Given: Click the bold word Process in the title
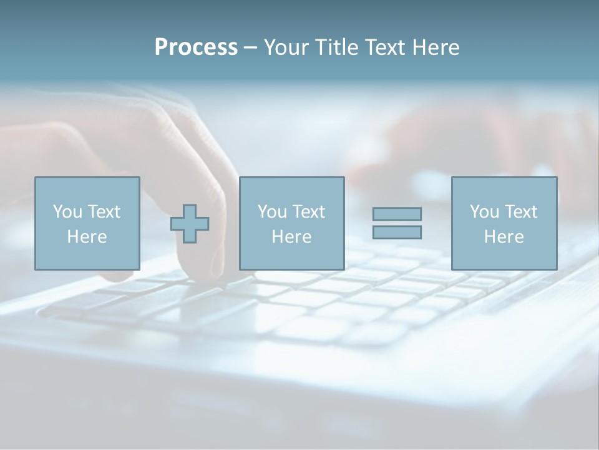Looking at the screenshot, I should (196, 47).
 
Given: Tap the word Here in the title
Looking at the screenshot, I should (434, 47).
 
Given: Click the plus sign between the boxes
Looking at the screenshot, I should (190, 223).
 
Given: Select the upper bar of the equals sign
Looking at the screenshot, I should (397, 214).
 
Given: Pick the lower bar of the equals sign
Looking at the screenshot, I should (397, 232).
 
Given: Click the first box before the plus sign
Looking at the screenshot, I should (87, 223).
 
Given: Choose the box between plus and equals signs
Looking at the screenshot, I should (291, 223).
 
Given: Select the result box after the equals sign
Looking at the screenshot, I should (504, 223).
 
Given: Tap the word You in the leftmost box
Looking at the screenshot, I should (67, 212).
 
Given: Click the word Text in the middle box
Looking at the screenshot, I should (308, 212).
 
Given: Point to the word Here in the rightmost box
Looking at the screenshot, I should (504, 237).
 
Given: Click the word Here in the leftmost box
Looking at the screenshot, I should (87, 237).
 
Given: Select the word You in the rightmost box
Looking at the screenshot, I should (484, 212).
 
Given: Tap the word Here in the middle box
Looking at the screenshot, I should (291, 237).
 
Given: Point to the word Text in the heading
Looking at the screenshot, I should (383, 47).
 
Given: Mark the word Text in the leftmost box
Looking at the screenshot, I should (103, 212).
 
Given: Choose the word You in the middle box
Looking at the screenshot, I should (272, 212).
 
